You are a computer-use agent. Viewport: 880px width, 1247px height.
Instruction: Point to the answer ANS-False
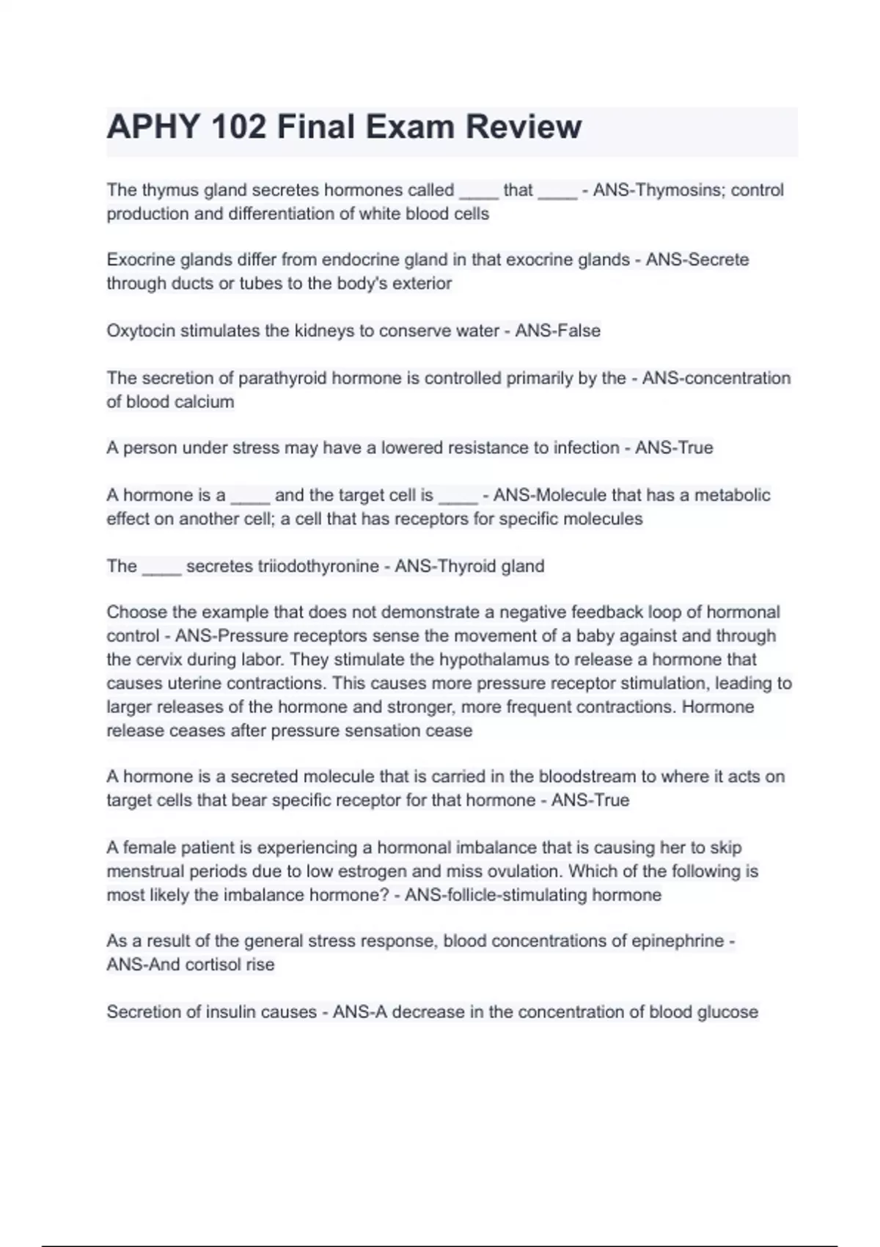click(x=557, y=331)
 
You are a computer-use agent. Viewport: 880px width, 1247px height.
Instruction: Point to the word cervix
click(x=158, y=659)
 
